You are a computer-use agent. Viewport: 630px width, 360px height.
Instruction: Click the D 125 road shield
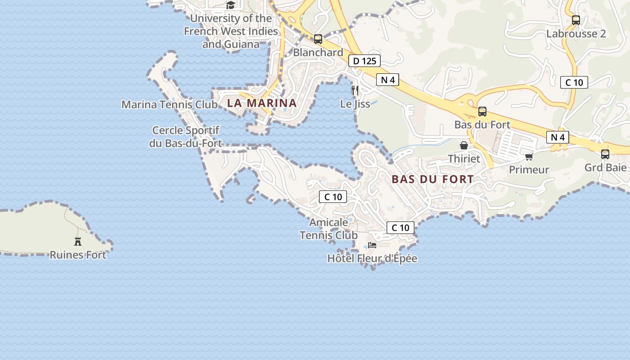(364, 61)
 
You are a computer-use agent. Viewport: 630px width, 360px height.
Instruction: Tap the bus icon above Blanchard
(318, 39)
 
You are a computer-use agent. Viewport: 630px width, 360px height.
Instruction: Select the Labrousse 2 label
(576, 34)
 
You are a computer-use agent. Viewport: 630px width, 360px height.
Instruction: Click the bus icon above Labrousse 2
(576, 20)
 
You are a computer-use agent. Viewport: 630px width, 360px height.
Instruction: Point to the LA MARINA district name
(262, 103)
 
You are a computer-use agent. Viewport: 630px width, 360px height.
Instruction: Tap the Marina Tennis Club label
(170, 104)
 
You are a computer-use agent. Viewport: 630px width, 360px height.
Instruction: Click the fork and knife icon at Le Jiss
(355, 90)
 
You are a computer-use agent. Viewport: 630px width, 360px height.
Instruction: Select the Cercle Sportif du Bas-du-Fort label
(186, 137)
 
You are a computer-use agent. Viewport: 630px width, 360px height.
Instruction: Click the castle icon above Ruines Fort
(78, 242)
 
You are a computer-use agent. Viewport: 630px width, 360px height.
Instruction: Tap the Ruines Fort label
(78, 255)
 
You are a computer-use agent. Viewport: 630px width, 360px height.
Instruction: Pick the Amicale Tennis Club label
(328, 229)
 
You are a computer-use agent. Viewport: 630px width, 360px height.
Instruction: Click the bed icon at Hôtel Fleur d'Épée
(372, 245)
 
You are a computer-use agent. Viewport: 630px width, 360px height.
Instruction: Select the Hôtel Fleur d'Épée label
(372, 258)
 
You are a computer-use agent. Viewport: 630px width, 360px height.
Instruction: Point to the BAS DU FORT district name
(432, 179)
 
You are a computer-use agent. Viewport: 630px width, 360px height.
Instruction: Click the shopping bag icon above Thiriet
(463, 145)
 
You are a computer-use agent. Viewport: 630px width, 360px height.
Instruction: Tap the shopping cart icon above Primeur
(529, 157)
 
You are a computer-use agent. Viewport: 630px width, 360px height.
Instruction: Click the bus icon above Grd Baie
(605, 154)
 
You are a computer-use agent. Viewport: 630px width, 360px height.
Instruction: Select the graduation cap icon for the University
(231, 5)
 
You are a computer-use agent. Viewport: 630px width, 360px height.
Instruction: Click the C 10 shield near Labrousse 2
(574, 82)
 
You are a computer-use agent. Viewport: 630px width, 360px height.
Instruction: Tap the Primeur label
(529, 170)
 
